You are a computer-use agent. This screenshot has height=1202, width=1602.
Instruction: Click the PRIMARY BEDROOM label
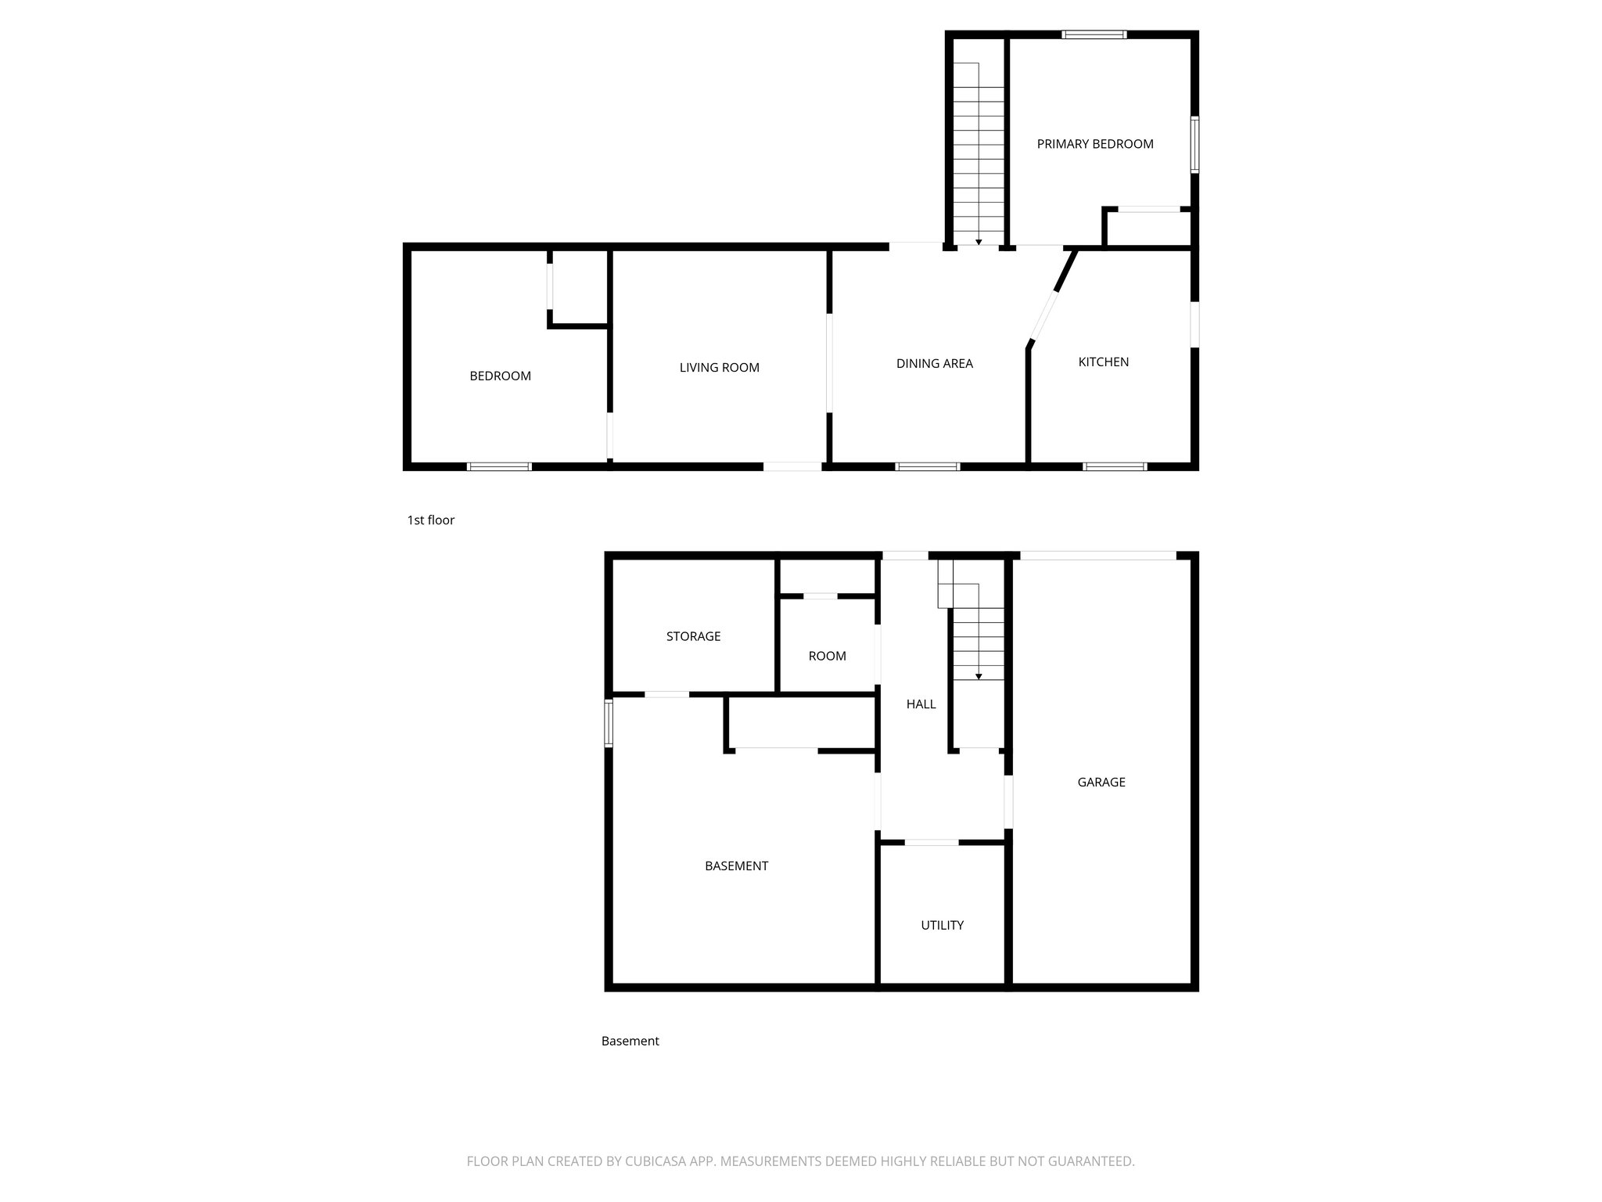[1094, 144]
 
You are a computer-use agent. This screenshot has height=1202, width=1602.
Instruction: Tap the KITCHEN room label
[1103, 362]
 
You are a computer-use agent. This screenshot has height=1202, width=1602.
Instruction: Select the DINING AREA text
[934, 363]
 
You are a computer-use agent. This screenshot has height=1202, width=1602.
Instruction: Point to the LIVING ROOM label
[719, 367]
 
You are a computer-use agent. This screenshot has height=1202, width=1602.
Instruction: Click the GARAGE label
[1101, 782]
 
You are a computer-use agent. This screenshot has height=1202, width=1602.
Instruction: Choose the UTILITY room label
[942, 925]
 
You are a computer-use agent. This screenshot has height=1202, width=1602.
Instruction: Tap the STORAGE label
[693, 636]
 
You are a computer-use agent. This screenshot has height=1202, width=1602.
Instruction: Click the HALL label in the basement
[921, 704]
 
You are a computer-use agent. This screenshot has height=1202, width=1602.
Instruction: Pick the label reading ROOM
[827, 656]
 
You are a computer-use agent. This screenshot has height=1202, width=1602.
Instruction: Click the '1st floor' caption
[430, 520]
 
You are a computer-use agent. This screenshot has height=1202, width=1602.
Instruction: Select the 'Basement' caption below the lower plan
[630, 1041]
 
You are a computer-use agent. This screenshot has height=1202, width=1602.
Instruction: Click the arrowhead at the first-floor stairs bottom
[979, 242]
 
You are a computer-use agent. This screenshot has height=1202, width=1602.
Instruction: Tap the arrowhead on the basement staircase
[979, 676]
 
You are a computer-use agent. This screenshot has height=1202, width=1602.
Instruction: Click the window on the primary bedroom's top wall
[1094, 34]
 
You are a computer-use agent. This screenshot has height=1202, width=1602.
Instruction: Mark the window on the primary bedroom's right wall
[1194, 144]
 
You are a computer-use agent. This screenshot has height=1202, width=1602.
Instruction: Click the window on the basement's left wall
[609, 723]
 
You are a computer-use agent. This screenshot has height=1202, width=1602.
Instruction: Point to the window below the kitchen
[1115, 466]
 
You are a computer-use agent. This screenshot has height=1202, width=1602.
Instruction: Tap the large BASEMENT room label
[736, 866]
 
